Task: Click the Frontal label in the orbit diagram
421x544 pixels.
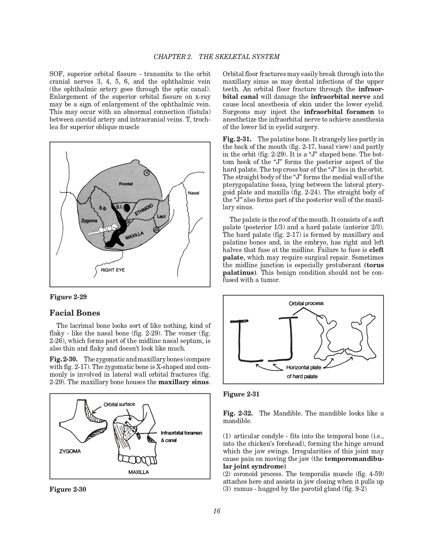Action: [126, 184]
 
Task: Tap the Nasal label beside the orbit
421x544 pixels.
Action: [193, 193]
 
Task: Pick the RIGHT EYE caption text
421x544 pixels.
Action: [113, 270]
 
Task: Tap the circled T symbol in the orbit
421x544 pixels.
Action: [147, 173]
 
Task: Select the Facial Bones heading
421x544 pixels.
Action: [75, 313]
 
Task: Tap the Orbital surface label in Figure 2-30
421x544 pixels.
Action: [119, 404]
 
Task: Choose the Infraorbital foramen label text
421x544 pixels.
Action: [181, 433]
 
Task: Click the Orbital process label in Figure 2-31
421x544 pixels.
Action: [306, 303]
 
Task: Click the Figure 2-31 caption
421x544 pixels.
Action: [241, 394]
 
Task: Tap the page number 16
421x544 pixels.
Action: [216, 511]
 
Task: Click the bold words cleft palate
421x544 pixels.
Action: [376, 250]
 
